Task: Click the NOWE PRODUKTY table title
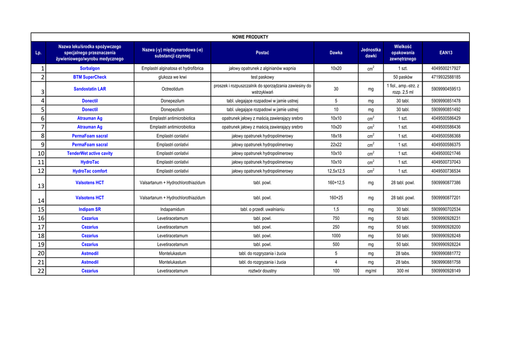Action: coord(250,37)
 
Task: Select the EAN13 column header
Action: coord(445,53)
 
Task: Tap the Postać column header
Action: coord(262,53)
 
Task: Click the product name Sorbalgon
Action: coord(90,69)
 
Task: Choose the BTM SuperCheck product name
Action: coord(90,77)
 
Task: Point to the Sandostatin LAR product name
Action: coord(90,89)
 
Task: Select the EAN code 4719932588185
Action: coord(445,77)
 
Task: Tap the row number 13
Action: coord(41,186)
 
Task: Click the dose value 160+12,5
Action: coord(336,183)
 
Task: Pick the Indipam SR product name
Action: coord(90,210)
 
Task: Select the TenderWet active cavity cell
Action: coord(90,153)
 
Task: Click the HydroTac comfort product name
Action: coord(90,171)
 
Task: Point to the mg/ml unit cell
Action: coord(371,271)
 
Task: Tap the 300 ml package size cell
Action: coord(402,271)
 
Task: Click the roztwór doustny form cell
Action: coord(262,271)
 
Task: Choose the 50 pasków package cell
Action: coord(402,77)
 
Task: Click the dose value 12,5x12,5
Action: coord(336,171)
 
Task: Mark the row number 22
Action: coord(41,271)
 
